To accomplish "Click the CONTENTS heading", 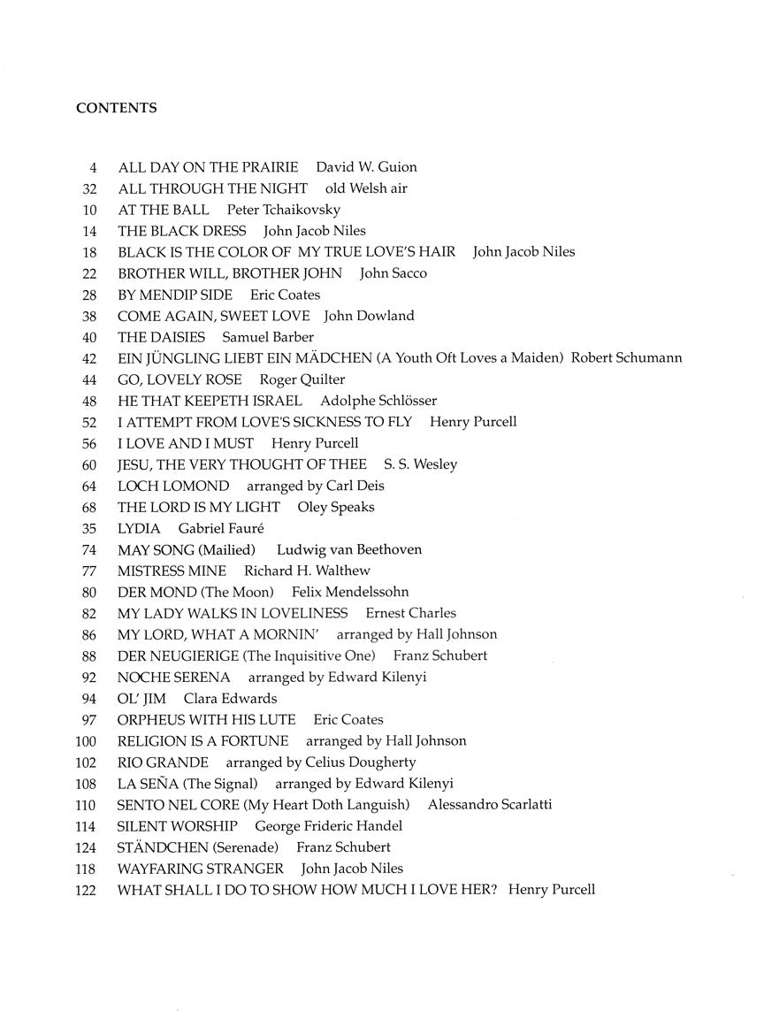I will tap(117, 108).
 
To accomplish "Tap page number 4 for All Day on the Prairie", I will tap(92, 167).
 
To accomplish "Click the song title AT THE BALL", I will tap(164, 210).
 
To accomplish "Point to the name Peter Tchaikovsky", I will tap(283, 210).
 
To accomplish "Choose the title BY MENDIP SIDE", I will tap(175, 295).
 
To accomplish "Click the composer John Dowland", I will tap(369, 316).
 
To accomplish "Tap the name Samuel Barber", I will tap(268, 337).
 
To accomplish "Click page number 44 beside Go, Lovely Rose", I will tap(88, 379).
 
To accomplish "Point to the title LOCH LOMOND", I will tap(173, 486).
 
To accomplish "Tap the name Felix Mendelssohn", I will tap(350, 592).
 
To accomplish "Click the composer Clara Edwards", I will tap(230, 698).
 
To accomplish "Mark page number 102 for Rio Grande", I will tap(86, 762).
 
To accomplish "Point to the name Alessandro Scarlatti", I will tap(501, 804).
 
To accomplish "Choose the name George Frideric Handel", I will tap(328, 825).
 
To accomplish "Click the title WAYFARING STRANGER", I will tap(201, 868).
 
